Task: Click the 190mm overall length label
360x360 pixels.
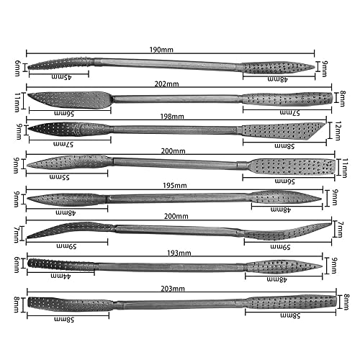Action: tap(161, 50)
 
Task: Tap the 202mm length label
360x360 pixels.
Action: tap(166, 84)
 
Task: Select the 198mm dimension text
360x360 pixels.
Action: tap(172, 117)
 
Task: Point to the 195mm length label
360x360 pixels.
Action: tap(175, 186)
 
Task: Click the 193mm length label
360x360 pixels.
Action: tap(179, 253)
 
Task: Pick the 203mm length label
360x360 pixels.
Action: tap(173, 289)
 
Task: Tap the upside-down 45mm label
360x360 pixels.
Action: tap(62, 77)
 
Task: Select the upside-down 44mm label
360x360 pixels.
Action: tap(60, 276)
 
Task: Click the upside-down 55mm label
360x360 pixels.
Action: tap(59, 177)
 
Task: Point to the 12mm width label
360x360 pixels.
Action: tap(338, 131)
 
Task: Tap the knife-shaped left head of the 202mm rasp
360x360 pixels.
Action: tap(70, 99)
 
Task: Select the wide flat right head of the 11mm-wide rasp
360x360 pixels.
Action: tap(292, 166)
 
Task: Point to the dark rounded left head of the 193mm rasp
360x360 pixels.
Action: tap(60, 264)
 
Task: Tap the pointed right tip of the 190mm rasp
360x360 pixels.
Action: tap(313, 68)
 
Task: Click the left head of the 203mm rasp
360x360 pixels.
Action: tap(70, 304)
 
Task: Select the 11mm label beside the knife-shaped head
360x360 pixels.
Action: tap(17, 102)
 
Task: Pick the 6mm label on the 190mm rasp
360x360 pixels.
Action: tap(17, 68)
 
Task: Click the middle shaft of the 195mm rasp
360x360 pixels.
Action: tap(178, 198)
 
